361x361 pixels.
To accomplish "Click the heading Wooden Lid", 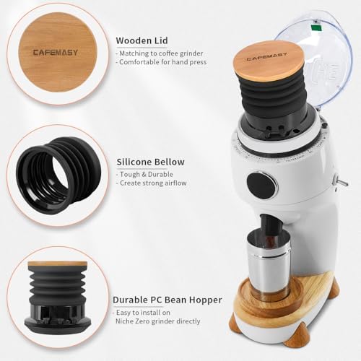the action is coord(142,40).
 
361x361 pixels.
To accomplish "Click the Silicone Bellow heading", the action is coord(151,162).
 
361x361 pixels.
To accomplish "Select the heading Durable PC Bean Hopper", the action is coord(168,300).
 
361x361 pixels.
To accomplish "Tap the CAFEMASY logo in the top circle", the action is coord(56,52).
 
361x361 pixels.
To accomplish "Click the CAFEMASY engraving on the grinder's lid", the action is coord(266,57).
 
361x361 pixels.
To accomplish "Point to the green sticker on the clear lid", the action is coord(316,28).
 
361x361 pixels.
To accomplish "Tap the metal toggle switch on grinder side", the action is coord(342,181).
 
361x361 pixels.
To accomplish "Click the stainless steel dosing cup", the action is coord(268,264).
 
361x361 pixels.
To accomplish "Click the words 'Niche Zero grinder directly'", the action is coord(158,321).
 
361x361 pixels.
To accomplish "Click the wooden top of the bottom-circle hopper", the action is coord(58,264).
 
